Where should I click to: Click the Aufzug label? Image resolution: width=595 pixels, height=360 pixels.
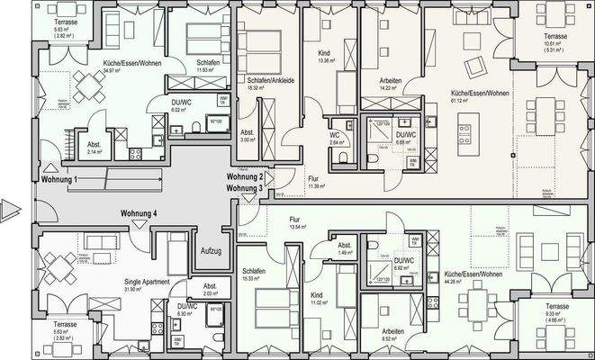click(x=211, y=250)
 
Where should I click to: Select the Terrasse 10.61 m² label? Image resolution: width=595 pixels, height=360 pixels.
click(x=556, y=40)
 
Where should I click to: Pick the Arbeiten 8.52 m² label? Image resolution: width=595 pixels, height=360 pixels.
click(x=392, y=334)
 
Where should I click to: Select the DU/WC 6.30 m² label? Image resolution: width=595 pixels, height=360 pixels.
click(x=187, y=311)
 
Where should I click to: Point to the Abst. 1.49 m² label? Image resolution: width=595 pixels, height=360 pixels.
click(x=343, y=249)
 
